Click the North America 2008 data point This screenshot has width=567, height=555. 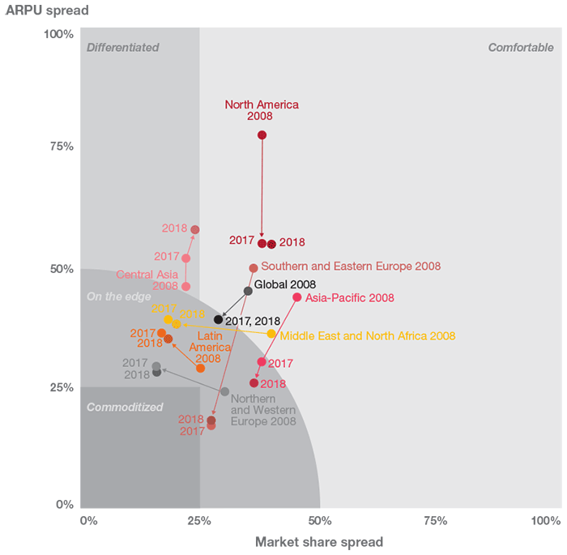262,134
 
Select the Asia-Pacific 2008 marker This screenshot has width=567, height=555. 296,297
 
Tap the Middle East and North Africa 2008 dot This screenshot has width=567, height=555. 271,334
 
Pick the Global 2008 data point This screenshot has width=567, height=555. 248,291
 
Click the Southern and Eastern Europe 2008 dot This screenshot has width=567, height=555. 254,267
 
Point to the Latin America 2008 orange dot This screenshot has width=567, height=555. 200,368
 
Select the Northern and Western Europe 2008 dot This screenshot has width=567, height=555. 224,391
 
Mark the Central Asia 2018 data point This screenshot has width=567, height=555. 194,230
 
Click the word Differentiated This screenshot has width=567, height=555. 122,48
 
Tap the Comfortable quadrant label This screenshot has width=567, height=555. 520,48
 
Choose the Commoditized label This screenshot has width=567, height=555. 125,407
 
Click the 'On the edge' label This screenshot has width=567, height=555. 118,297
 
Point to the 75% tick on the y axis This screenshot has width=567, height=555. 62,147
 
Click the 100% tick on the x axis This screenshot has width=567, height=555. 545,520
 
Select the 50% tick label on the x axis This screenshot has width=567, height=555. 320,520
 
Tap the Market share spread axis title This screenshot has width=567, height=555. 319,541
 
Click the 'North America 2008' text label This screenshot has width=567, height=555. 262,110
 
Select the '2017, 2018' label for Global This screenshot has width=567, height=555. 253,321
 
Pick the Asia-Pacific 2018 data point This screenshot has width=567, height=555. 254,382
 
